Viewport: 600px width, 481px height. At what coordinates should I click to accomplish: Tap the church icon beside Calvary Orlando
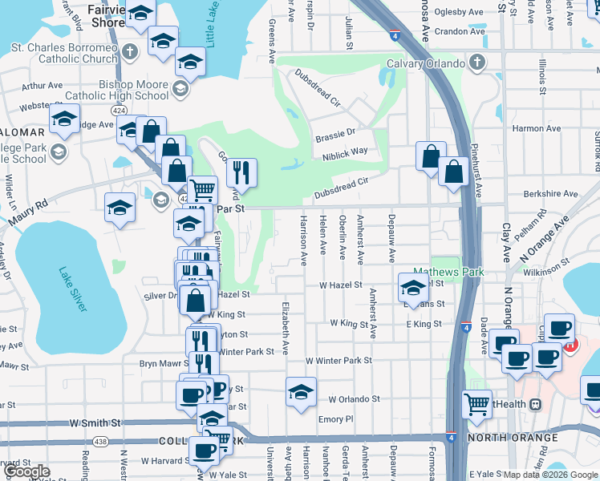point(476,63)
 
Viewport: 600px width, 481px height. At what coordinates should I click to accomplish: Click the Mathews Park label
point(448,272)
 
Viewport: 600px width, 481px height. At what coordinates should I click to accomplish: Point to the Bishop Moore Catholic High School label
point(134,90)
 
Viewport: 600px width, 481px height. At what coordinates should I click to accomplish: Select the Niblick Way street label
point(347,151)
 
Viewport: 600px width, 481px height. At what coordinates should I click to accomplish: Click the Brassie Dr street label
point(334,132)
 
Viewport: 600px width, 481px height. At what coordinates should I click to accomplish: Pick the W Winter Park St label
point(339,361)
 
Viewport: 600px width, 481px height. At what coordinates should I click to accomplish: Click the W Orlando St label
point(353,398)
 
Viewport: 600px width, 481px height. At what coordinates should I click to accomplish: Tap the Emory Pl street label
point(335,419)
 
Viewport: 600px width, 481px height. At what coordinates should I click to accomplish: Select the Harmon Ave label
point(537,128)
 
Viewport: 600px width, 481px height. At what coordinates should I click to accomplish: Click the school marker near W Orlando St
point(301,391)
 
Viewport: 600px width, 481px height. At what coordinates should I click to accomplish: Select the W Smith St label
point(95,422)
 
